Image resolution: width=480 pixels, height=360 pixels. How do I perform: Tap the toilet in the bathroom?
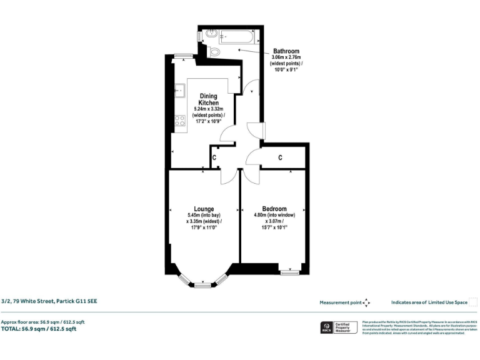click(214, 52)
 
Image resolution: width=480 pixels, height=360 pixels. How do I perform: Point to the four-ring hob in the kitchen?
click(180, 120)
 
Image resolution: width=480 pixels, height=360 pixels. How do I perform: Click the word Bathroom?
click(286, 51)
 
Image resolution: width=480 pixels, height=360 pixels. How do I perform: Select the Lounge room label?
click(204, 209)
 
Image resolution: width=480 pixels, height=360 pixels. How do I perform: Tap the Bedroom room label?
click(274, 209)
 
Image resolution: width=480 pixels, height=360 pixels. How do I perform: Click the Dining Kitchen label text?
click(208, 99)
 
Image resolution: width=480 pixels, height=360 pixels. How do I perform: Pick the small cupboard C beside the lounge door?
click(214, 158)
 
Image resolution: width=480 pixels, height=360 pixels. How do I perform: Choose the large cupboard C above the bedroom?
click(280, 158)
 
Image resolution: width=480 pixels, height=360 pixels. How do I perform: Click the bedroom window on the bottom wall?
click(289, 272)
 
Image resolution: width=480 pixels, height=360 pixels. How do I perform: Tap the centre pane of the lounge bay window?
click(202, 285)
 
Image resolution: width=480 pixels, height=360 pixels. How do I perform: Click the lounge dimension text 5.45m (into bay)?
click(204, 215)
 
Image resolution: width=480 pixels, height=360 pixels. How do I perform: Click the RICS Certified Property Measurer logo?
click(337, 327)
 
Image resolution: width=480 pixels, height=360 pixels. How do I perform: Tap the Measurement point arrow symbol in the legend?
click(366, 302)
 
